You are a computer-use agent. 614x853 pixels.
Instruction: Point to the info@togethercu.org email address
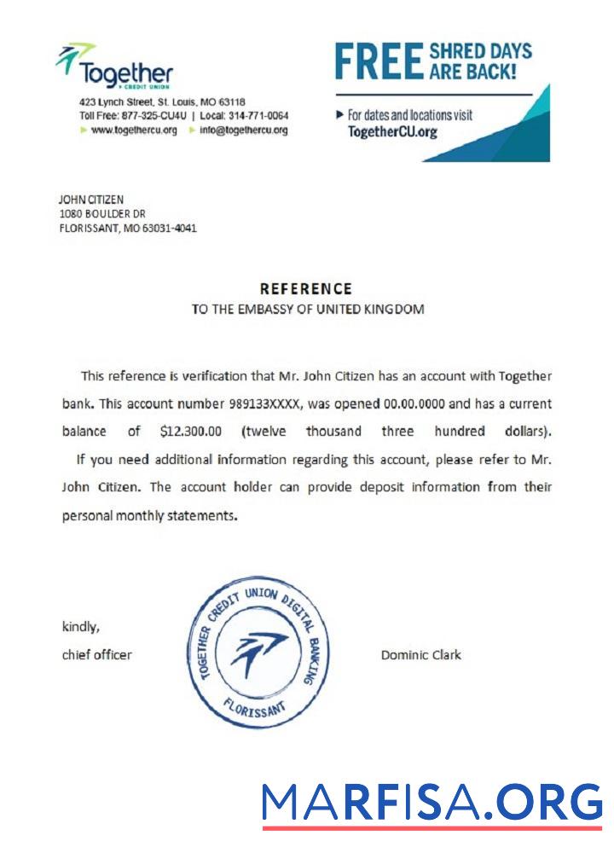243,131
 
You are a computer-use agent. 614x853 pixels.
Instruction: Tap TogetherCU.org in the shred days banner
392,132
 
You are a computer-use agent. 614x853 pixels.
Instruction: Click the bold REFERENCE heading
305,289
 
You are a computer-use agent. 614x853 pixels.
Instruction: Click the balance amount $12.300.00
190,432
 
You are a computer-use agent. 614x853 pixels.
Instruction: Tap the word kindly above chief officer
81,627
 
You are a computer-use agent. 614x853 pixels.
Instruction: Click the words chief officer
97,655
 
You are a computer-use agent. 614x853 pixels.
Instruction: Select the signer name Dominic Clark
420,655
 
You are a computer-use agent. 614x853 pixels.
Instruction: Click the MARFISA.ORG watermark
432,804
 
